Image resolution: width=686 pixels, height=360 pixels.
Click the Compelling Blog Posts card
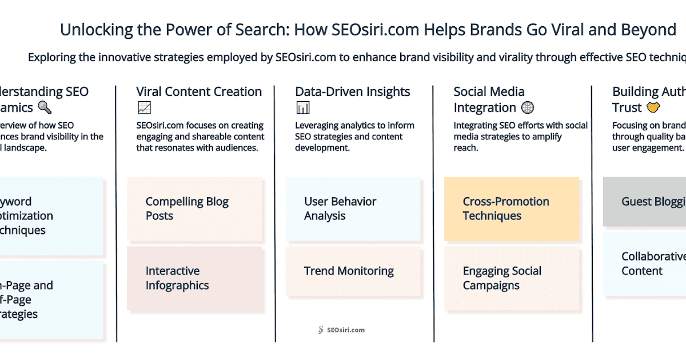[x=194, y=209]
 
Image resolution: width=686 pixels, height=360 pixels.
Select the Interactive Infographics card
[x=194, y=278]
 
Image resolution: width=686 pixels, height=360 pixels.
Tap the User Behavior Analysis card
[x=353, y=209]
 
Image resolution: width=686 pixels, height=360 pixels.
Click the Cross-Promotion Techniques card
[x=512, y=209]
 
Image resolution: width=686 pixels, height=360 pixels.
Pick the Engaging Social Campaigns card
[x=512, y=278]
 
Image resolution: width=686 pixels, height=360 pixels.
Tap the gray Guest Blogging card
[x=645, y=202]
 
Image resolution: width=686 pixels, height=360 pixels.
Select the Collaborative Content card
[x=645, y=264]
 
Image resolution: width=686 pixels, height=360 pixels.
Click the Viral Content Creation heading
[x=199, y=91]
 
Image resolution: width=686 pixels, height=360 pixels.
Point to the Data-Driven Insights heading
[x=353, y=91]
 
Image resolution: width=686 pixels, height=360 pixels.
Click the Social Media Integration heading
[x=489, y=99]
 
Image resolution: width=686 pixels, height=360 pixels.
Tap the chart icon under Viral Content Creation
[x=144, y=107]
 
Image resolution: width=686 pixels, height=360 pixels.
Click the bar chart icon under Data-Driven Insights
[x=303, y=107]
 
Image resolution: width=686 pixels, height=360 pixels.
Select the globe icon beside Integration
[x=528, y=107]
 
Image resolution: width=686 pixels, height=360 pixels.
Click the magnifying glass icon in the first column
[x=44, y=107]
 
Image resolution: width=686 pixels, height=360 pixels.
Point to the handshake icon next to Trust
[x=653, y=107]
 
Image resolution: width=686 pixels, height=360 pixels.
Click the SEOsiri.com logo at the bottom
[x=341, y=330]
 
